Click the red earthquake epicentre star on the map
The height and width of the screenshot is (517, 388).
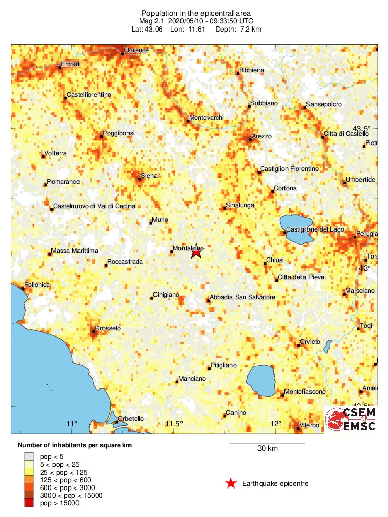tap(196, 251)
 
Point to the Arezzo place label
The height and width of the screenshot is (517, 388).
tap(262, 136)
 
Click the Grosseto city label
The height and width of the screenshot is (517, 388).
tap(109, 328)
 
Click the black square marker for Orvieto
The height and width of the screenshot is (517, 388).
tap(299, 346)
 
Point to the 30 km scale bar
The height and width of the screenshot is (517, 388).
tap(267, 445)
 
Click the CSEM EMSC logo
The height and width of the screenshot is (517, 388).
tap(351, 419)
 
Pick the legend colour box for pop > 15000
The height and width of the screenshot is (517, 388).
tap(30, 503)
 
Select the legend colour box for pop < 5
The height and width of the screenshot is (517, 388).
tap(30, 456)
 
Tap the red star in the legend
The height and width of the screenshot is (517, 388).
tap(231, 483)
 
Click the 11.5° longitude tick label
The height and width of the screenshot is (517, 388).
tap(174, 424)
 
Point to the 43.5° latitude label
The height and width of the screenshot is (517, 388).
tap(363, 128)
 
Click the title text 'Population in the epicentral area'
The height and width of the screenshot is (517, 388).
tap(196, 13)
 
